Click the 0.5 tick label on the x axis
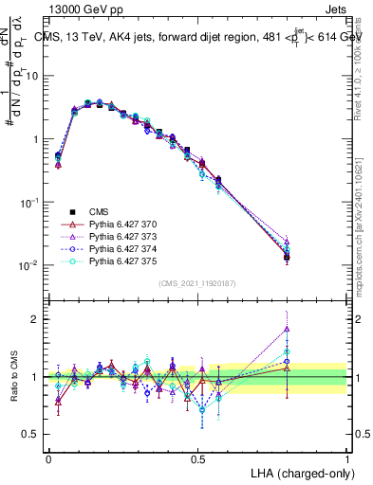[x=197, y=458]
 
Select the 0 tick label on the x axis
[x=49, y=458]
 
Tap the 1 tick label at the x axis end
[x=346, y=458]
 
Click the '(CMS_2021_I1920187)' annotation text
[x=197, y=282]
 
